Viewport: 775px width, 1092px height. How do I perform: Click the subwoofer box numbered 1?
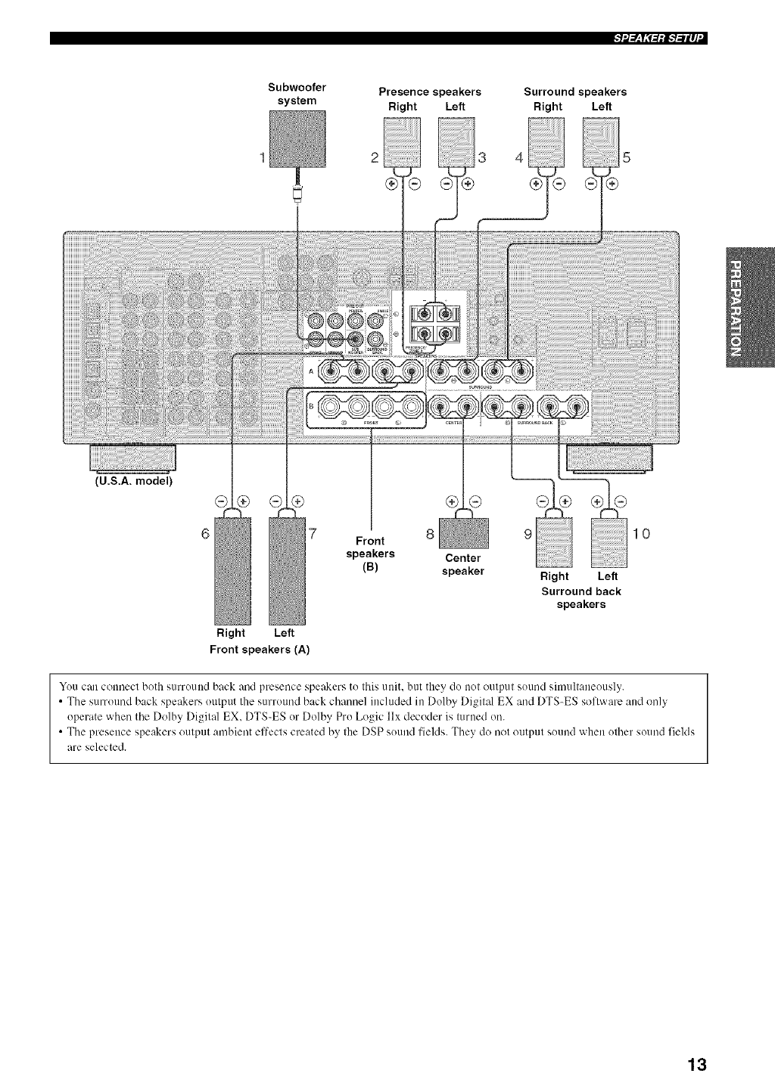(297, 138)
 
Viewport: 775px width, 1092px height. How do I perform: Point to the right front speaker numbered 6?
(231, 567)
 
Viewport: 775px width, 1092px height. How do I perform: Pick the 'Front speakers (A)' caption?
(260, 649)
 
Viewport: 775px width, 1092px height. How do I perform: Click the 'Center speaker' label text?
(462, 564)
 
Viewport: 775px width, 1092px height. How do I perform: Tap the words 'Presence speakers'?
(430, 92)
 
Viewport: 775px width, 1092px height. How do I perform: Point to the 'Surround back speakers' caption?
(581, 597)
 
